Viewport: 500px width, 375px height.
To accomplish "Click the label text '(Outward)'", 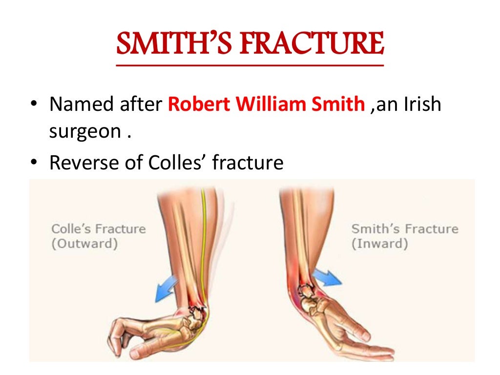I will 84,244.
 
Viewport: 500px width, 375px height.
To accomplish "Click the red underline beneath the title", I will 250,64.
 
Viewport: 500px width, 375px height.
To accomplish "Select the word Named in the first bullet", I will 82,104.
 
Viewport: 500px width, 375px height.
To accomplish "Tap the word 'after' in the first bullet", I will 142,104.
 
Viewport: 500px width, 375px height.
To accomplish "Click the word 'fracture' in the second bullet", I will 248,162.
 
